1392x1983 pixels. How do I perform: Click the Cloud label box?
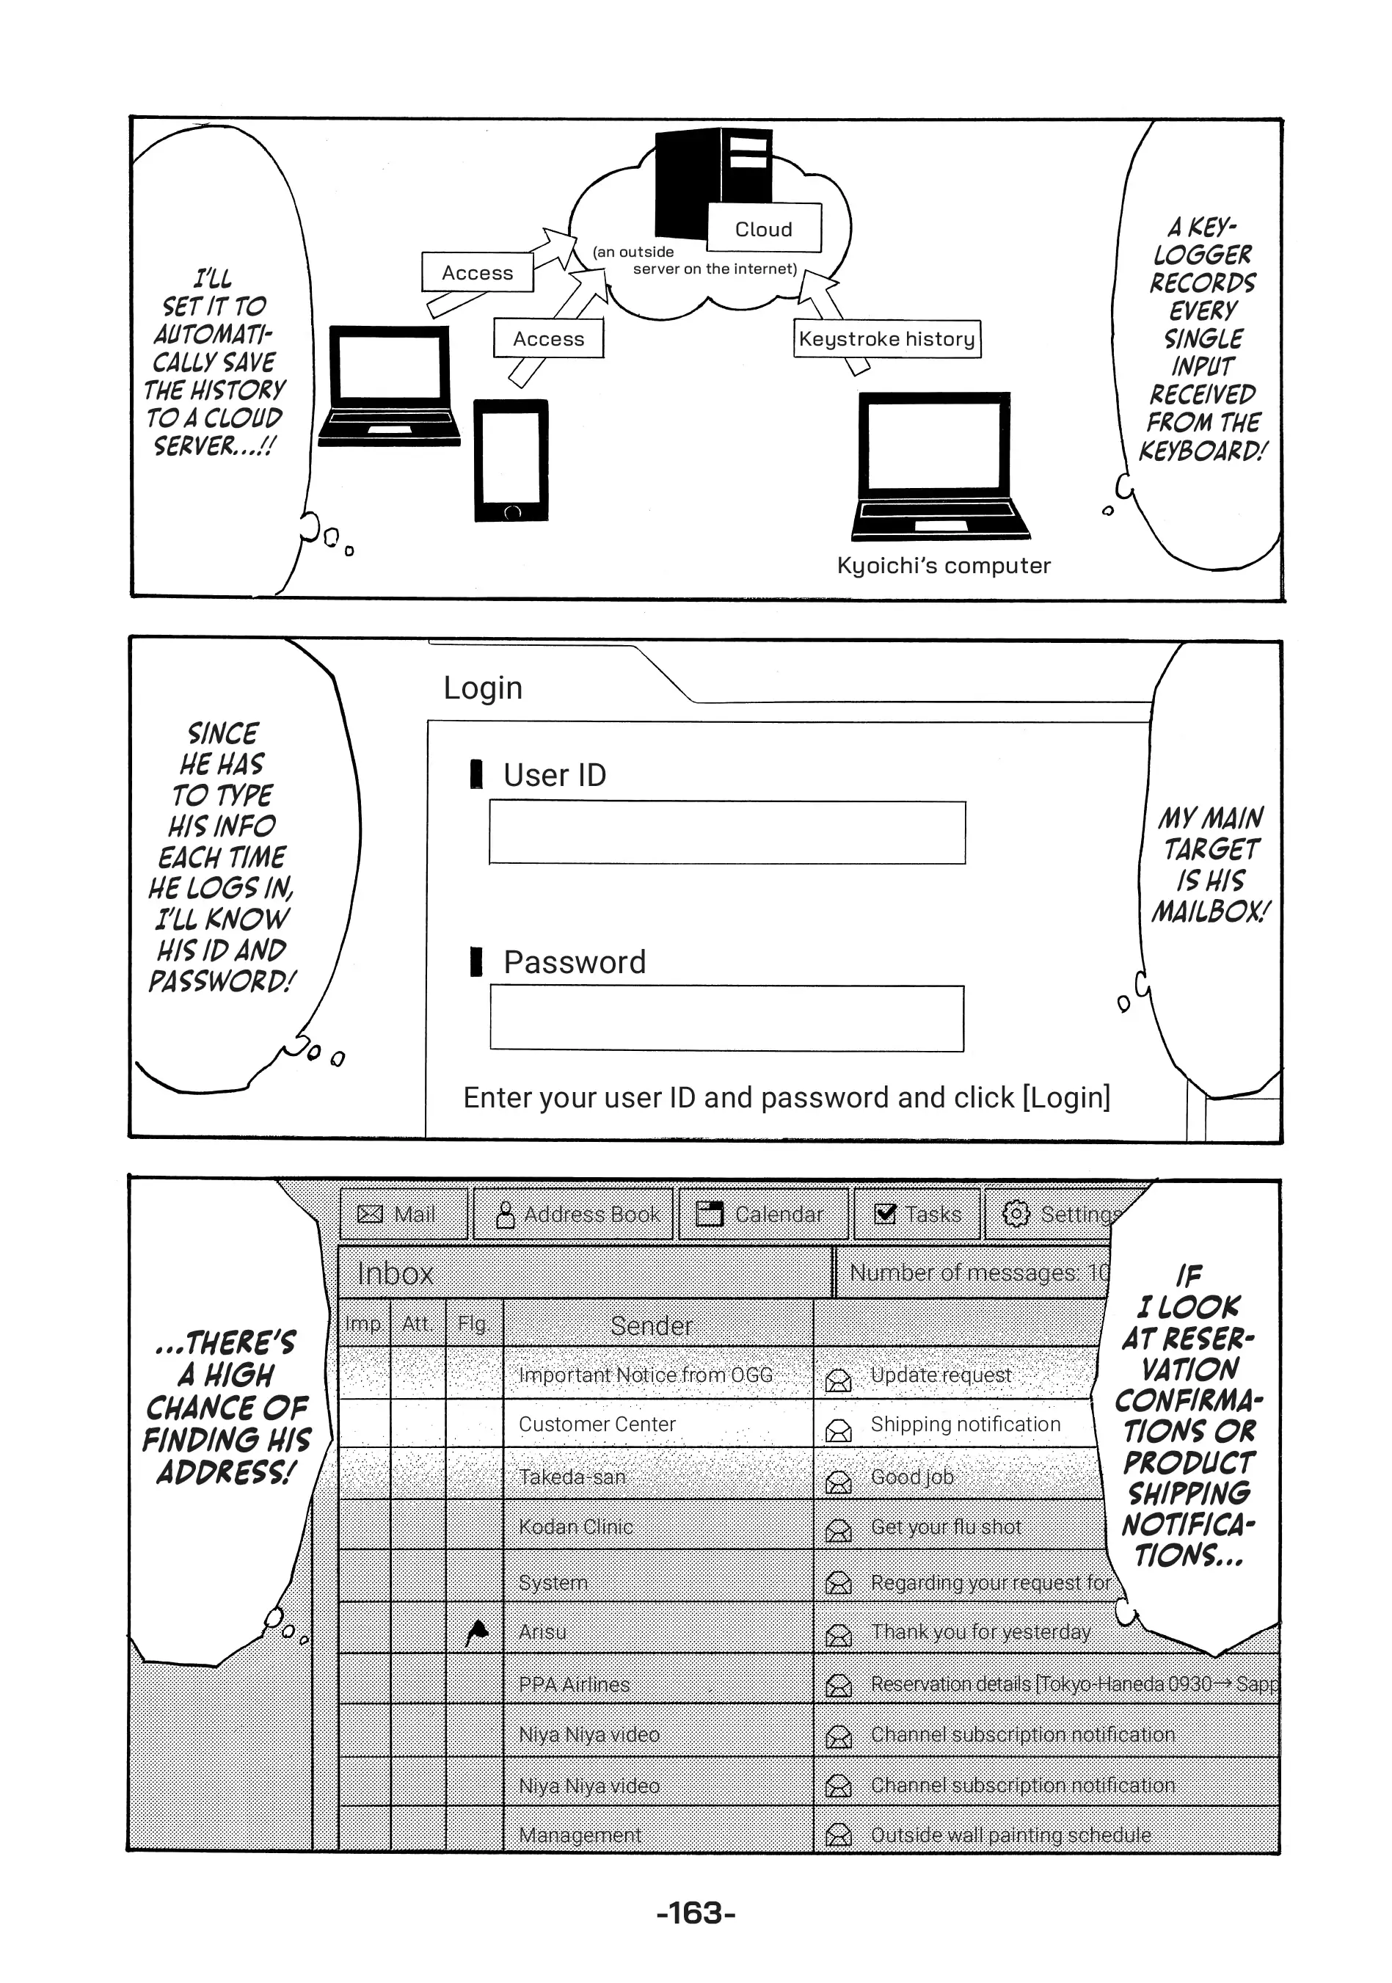coord(764,228)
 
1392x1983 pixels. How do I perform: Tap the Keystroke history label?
coord(887,338)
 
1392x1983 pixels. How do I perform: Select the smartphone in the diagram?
coord(511,459)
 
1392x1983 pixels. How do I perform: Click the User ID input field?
coord(727,832)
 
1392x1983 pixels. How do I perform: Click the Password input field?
coord(727,1018)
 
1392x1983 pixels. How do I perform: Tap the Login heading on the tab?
coord(483,688)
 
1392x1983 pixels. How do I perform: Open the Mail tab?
coord(404,1213)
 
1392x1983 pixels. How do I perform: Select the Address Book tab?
coord(573,1213)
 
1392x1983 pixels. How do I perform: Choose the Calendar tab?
coord(763,1213)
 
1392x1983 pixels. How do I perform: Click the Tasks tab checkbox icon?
coord(885,1213)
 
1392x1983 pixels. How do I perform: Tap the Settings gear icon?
coord(1016,1213)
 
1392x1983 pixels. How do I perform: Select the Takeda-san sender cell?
coord(658,1476)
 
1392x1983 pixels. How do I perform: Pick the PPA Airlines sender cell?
coord(658,1684)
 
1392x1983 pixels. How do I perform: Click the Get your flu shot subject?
coord(946,1527)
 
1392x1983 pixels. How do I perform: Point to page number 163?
coord(696,1913)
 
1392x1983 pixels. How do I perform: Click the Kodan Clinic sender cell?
coord(658,1525)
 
